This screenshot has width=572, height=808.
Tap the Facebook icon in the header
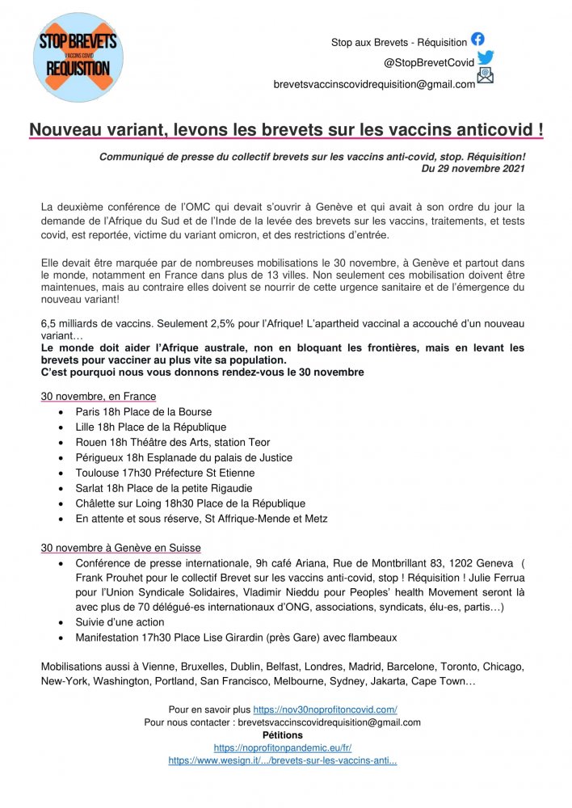click(x=477, y=39)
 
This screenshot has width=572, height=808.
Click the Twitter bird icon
click(x=485, y=58)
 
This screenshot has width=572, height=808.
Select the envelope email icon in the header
click(x=485, y=77)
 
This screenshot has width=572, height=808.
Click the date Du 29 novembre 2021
click(x=473, y=169)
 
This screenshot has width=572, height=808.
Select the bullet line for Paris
click(x=144, y=411)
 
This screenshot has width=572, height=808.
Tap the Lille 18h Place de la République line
click(x=151, y=427)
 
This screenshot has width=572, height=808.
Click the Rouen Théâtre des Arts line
click(x=173, y=442)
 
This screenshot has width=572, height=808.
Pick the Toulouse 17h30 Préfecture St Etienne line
click(x=165, y=473)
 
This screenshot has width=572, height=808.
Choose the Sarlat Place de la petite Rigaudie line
click(x=162, y=488)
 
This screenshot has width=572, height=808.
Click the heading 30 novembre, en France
click(x=99, y=397)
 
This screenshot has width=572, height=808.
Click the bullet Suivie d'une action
click(x=120, y=622)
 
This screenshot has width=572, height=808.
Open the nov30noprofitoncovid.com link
click(x=325, y=709)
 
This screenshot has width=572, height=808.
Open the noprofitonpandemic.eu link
click(x=282, y=748)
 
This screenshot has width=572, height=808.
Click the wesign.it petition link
click(x=282, y=761)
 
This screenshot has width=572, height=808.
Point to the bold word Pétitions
click(x=283, y=735)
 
